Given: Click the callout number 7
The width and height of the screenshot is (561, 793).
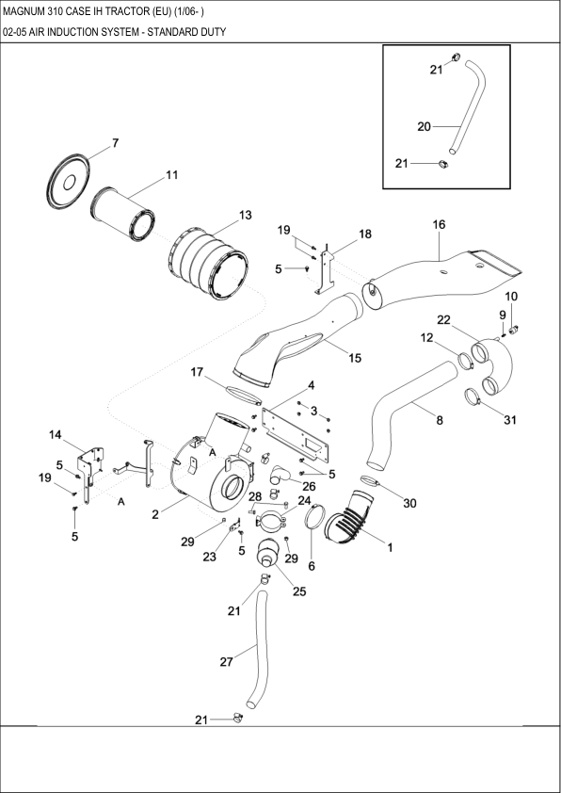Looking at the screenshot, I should pyautogui.click(x=115, y=143).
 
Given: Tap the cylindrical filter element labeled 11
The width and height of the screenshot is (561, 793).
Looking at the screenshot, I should pyautogui.click(x=125, y=213).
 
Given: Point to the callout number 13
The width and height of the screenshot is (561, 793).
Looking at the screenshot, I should pyautogui.click(x=245, y=215).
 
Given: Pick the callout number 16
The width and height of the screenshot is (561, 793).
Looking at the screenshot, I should pyautogui.click(x=439, y=224).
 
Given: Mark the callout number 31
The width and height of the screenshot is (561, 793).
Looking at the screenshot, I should pyautogui.click(x=509, y=419).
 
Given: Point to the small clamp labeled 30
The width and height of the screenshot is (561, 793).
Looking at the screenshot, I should pyautogui.click(x=371, y=482).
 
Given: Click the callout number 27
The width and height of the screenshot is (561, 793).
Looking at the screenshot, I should pyautogui.click(x=226, y=662).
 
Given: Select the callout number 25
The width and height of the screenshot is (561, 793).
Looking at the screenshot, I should pyautogui.click(x=299, y=591).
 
